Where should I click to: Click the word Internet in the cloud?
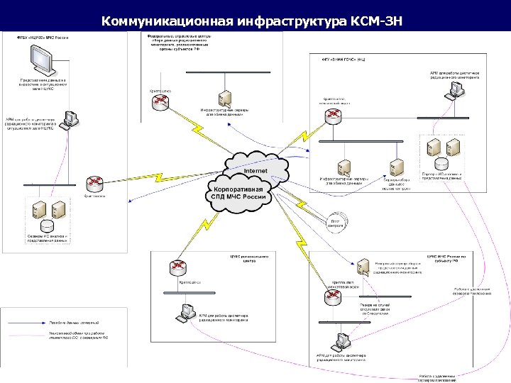(255, 171)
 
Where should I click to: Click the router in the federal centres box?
(160, 103)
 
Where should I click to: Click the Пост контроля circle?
(336, 223)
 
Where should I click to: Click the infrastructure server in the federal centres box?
(225, 98)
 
